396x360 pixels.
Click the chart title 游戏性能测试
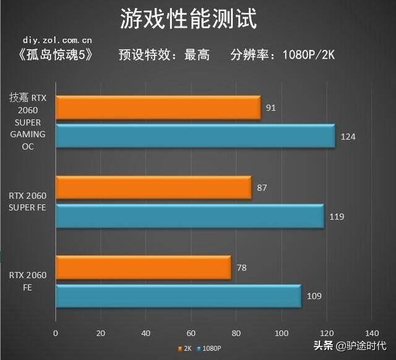click(187, 19)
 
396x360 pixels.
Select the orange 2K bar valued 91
click(158, 108)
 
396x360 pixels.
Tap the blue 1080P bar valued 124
click(195, 135)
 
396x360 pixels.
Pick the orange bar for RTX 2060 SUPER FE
click(153, 187)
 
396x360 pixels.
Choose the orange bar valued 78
click(143, 267)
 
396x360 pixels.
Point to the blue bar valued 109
click(178, 296)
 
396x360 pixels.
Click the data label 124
click(348, 136)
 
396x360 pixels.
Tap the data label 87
click(262, 187)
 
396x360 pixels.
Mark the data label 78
click(241, 267)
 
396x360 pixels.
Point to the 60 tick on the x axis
click(191, 333)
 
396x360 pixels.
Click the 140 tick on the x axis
click(372, 333)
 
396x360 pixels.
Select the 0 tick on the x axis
click(56, 333)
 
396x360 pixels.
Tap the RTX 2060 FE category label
click(27, 281)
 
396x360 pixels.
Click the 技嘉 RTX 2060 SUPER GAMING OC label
click(27, 122)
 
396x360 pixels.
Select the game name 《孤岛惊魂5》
click(56, 54)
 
